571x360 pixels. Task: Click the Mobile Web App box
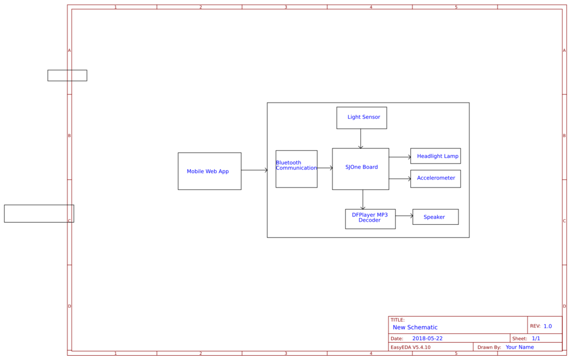click(209, 171)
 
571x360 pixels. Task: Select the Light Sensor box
click(362, 118)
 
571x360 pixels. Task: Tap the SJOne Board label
click(362, 167)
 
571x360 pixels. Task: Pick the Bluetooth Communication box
click(296, 169)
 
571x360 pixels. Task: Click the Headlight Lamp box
click(435, 156)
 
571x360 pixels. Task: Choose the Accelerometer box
click(435, 179)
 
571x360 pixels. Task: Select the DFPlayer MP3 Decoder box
click(370, 219)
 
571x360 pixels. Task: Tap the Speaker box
click(435, 217)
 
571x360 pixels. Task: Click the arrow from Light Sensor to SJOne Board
click(361, 139)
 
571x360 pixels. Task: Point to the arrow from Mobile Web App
click(255, 170)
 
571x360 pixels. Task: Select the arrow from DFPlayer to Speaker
click(404, 216)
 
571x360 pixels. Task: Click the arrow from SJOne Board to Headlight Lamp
click(400, 157)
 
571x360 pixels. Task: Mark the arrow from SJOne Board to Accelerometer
click(400, 179)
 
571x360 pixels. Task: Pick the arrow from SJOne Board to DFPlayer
click(363, 200)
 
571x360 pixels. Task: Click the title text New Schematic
click(415, 327)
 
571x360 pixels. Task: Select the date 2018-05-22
click(427, 338)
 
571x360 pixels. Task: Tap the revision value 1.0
click(548, 326)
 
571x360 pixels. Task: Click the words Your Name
click(520, 347)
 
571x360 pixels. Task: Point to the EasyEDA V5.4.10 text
click(410, 347)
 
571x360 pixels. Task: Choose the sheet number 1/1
click(536, 338)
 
